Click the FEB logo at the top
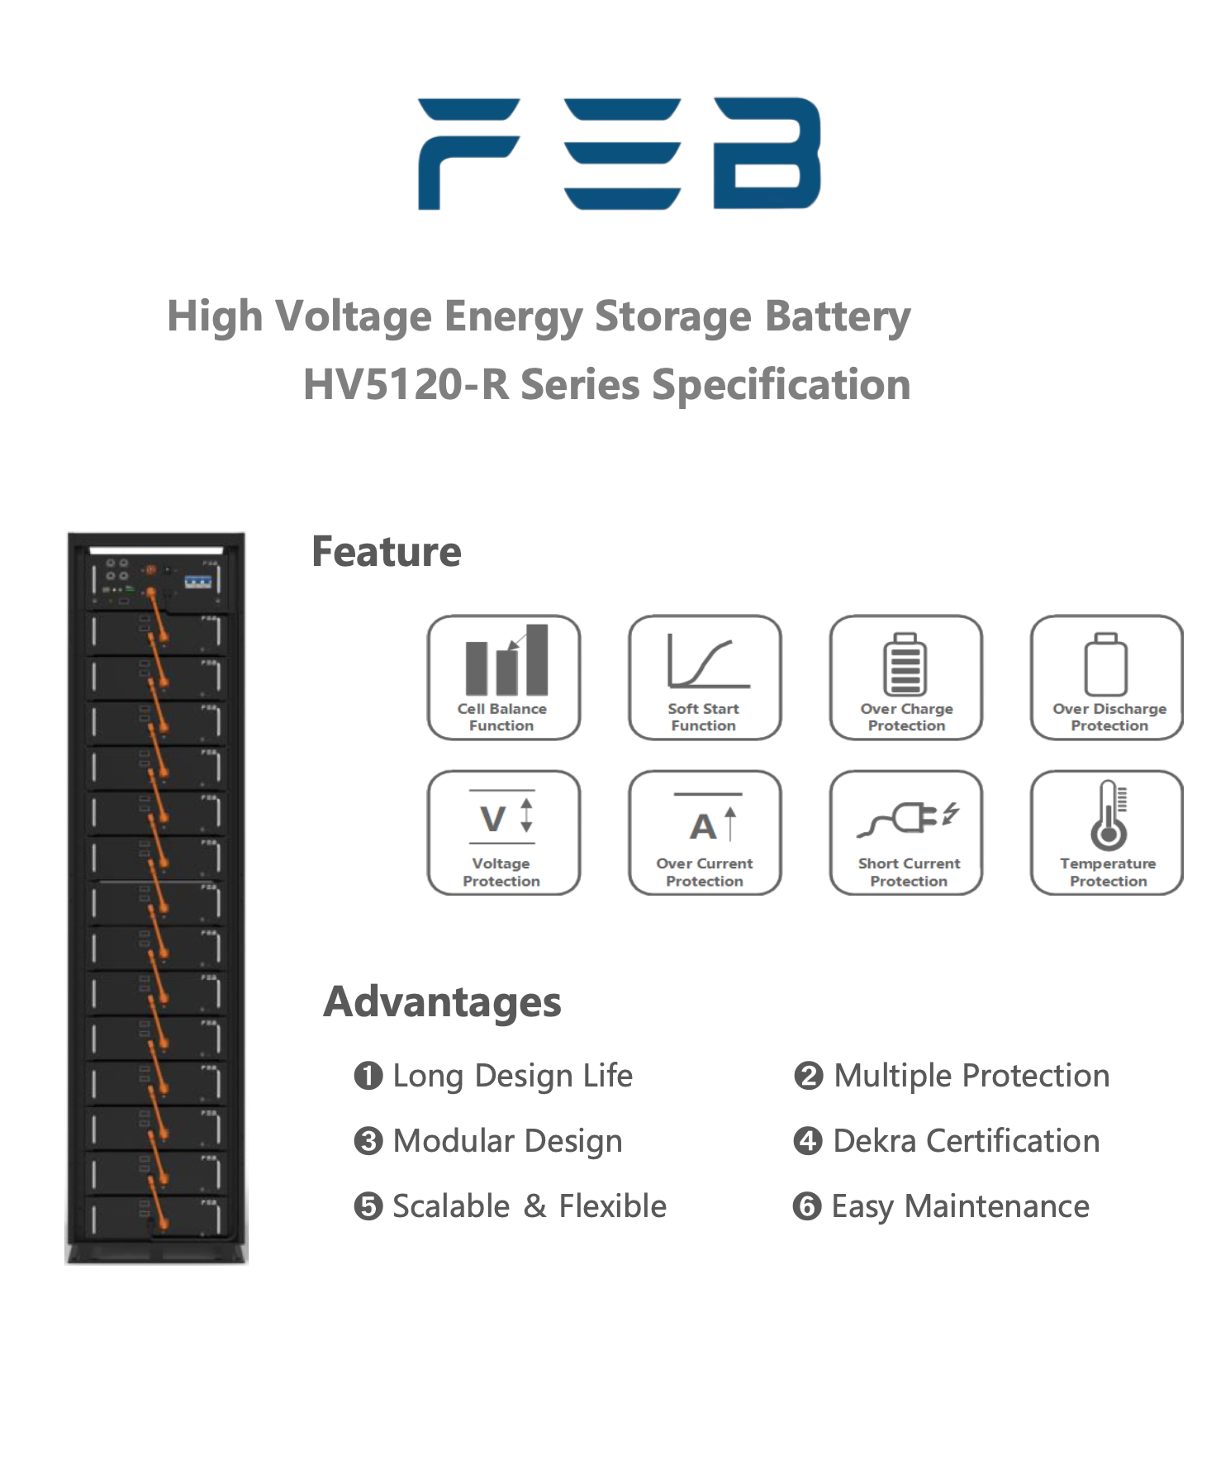619,154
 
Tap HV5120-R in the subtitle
405,385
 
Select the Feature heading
386,552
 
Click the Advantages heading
442,1002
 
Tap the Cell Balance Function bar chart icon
506,661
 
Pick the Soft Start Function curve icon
707,662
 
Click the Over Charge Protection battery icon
905,664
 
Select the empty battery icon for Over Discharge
1106,665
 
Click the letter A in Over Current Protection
703,826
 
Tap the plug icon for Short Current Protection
909,818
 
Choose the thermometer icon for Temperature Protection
1109,816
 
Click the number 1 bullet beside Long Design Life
368,1076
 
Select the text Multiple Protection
971,1076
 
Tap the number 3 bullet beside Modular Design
368,1142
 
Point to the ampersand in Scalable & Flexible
534,1206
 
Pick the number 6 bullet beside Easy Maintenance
806,1207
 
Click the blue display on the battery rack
197,582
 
